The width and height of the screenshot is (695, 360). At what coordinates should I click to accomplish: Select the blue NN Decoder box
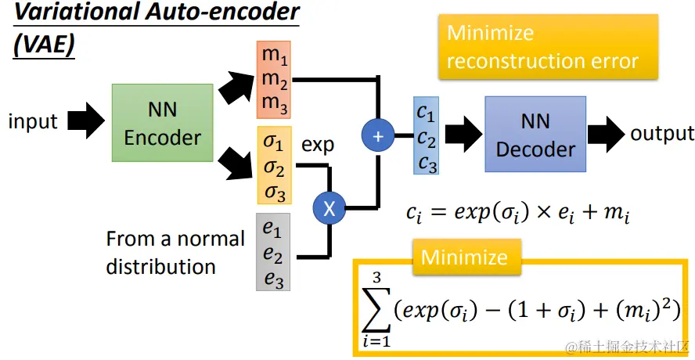coord(535,134)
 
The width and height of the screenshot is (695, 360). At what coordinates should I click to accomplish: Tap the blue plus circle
coord(379,135)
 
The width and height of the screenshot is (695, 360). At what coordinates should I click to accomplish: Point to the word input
coord(33,121)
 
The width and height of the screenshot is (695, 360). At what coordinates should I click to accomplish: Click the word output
coord(662,133)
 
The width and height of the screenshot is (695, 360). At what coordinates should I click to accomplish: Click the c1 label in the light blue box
coord(426,113)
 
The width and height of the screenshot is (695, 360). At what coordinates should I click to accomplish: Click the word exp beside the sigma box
coord(318,146)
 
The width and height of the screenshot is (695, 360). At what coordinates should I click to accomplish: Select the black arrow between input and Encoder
coord(85,122)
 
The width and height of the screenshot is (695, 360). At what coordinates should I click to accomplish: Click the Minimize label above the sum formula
coord(464,257)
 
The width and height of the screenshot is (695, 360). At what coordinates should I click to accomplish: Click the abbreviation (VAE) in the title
coord(44,45)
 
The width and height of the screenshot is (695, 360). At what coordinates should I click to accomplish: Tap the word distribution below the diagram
coord(161,267)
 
